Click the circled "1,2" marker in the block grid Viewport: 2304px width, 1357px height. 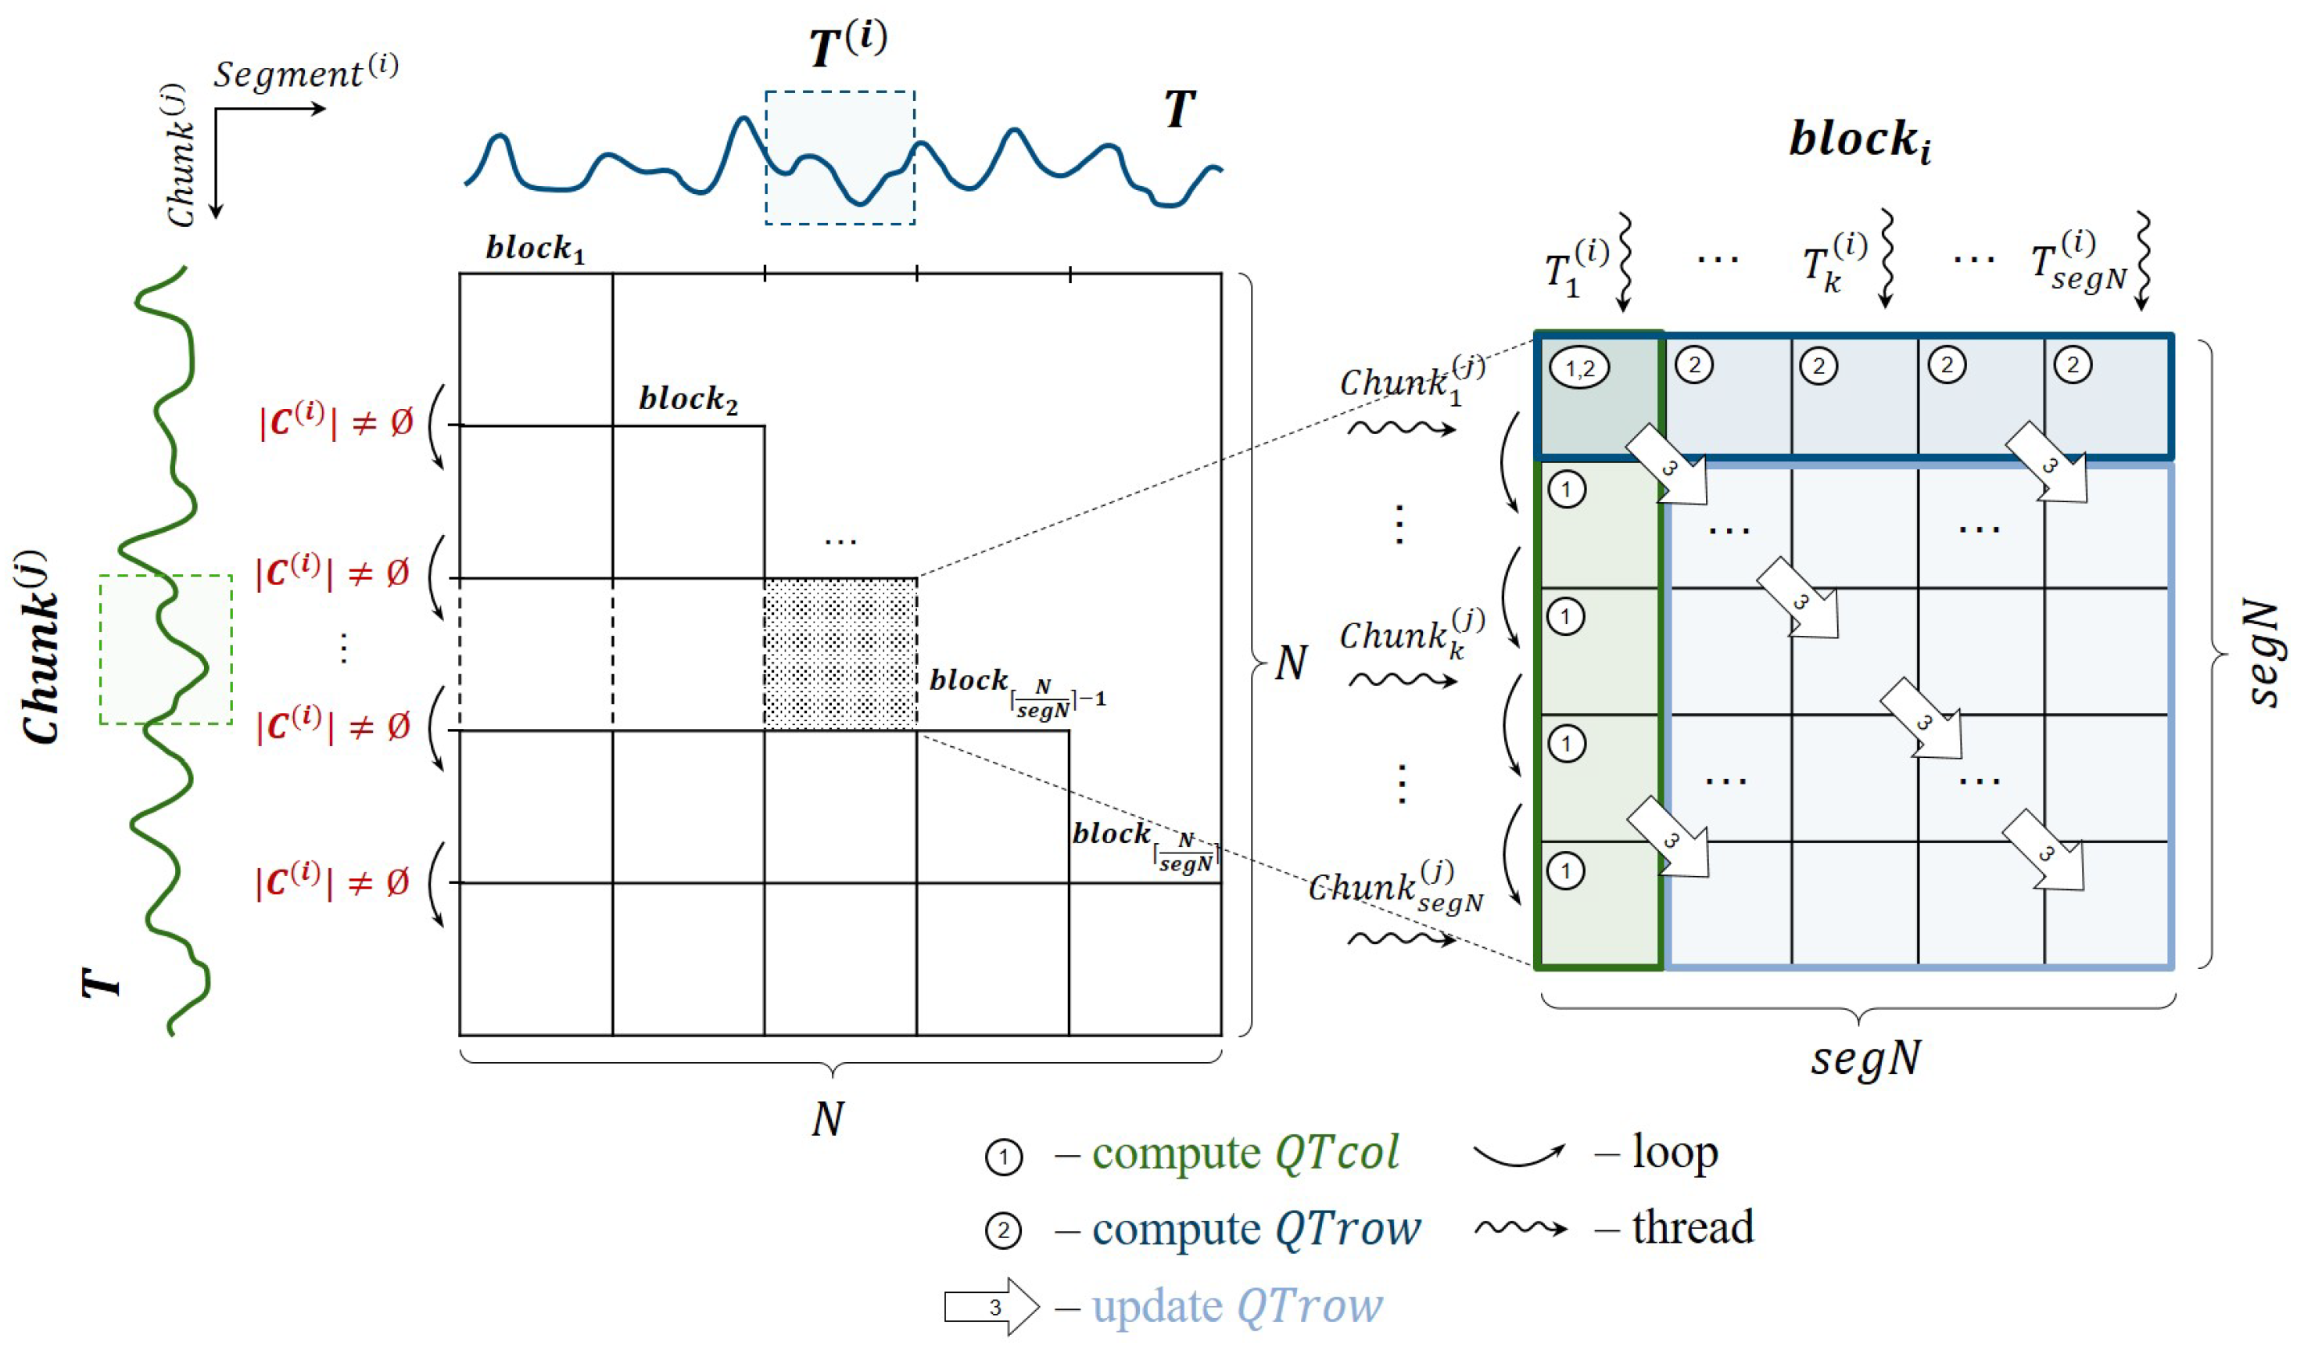1579,368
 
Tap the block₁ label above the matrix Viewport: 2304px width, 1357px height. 535,249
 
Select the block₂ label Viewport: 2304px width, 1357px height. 687,400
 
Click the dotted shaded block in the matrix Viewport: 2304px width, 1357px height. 840,654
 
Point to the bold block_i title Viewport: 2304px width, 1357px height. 1860,141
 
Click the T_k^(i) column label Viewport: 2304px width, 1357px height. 1834,265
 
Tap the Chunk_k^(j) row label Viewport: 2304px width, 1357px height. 1410,633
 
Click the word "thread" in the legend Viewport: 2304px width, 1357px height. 1693,1227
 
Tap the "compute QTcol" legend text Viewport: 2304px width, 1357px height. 1245,1153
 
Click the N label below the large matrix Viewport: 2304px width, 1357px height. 827,1118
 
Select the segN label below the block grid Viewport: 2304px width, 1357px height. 1865,1059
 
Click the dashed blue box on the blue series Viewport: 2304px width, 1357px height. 840,157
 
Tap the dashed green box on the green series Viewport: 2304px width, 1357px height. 166,649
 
